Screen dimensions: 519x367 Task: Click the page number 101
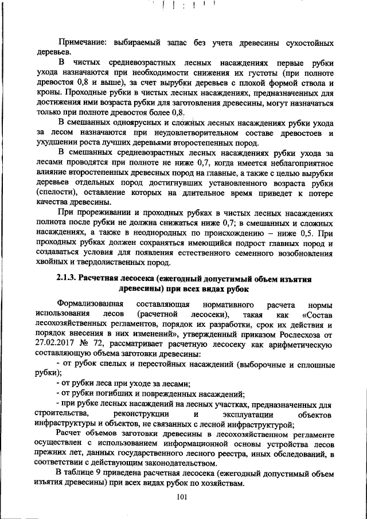coord(183,497)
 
